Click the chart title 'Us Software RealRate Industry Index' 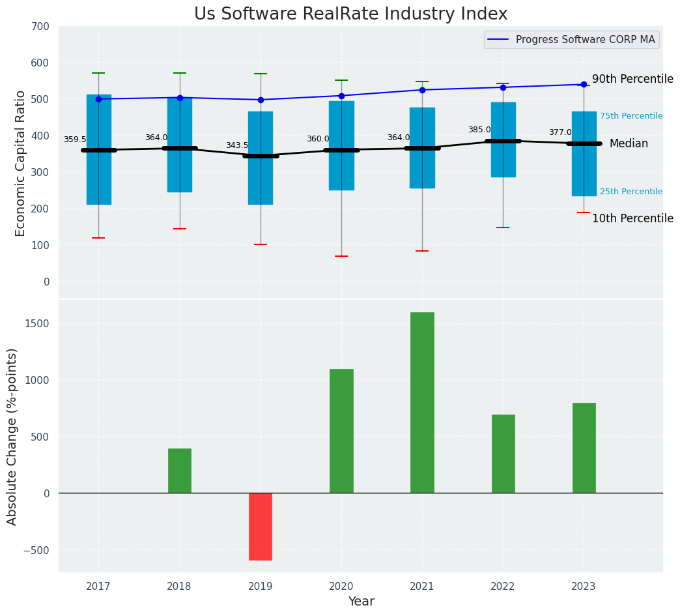[350, 14]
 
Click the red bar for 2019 [261, 526]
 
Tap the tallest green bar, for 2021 [422, 402]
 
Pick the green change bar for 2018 [180, 471]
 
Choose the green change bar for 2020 [341, 431]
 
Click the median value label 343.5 [237, 145]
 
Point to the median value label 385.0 [479, 130]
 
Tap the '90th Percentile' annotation [632, 79]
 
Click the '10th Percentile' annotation [632, 218]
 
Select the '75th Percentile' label [630, 116]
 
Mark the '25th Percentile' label [630, 192]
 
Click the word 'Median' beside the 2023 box [629, 143]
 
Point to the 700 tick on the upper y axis [39, 27]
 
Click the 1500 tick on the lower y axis [36, 324]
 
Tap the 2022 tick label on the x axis [503, 587]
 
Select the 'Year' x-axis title [361, 602]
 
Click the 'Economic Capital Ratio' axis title [20, 163]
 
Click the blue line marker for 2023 [584, 84]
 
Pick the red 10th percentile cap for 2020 [341, 256]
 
